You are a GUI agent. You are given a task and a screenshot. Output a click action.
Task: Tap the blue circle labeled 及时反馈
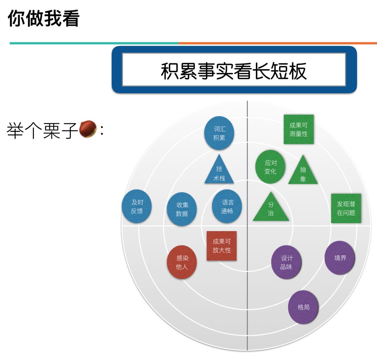click(137, 206)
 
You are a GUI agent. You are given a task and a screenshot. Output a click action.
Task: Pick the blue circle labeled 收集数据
click(182, 209)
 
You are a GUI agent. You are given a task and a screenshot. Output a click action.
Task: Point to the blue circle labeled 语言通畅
click(227, 206)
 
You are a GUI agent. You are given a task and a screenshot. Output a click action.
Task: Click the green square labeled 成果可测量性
click(298, 129)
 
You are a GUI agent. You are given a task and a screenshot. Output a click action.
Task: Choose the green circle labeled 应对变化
click(270, 167)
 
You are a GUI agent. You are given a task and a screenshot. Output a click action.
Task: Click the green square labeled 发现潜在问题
click(346, 208)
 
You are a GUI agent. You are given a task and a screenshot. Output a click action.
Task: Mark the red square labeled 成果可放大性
click(222, 246)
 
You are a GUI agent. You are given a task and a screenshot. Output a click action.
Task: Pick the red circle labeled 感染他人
click(182, 262)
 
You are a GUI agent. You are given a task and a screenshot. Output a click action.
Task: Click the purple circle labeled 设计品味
click(286, 262)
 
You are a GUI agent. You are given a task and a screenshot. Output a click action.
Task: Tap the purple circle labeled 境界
click(340, 258)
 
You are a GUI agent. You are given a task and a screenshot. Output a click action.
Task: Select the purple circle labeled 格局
click(303, 307)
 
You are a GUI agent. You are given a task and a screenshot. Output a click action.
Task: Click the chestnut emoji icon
click(88, 129)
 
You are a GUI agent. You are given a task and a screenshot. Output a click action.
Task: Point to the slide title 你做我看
click(44, 18)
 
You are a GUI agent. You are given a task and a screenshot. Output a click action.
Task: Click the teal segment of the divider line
click(94, 43)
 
